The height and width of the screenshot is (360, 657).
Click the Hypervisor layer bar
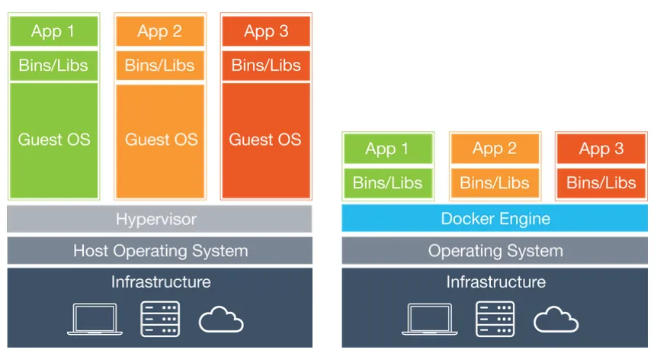click(159, 219)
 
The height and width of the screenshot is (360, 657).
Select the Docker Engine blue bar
click(495, 219)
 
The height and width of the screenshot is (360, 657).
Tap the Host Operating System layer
click(159, 250)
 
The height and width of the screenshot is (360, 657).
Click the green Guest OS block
click(53, 140)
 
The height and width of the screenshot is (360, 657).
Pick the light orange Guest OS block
click(160, 140)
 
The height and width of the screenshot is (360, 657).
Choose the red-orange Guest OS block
click(266, 140)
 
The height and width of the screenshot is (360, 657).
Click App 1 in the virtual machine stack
click(53, 31)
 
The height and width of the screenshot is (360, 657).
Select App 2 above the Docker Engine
click(495, 149)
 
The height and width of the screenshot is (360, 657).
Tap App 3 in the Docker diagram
click(601, 149)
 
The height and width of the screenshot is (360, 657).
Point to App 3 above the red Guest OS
click(266, 31)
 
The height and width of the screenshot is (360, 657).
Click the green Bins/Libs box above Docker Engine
click(388, 183)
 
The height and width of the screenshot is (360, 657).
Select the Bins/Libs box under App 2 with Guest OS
click(160, 66)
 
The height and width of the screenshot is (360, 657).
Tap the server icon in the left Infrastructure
click(160, 319)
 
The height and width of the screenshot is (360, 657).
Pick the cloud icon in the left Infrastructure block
click(221, 320)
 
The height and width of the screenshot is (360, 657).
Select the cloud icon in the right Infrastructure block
click(556, 320)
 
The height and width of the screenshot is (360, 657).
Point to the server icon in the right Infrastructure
click(495, 319)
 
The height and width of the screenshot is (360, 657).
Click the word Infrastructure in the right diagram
click(495, 282)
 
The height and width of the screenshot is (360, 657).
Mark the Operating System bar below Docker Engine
click(495, 250)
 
